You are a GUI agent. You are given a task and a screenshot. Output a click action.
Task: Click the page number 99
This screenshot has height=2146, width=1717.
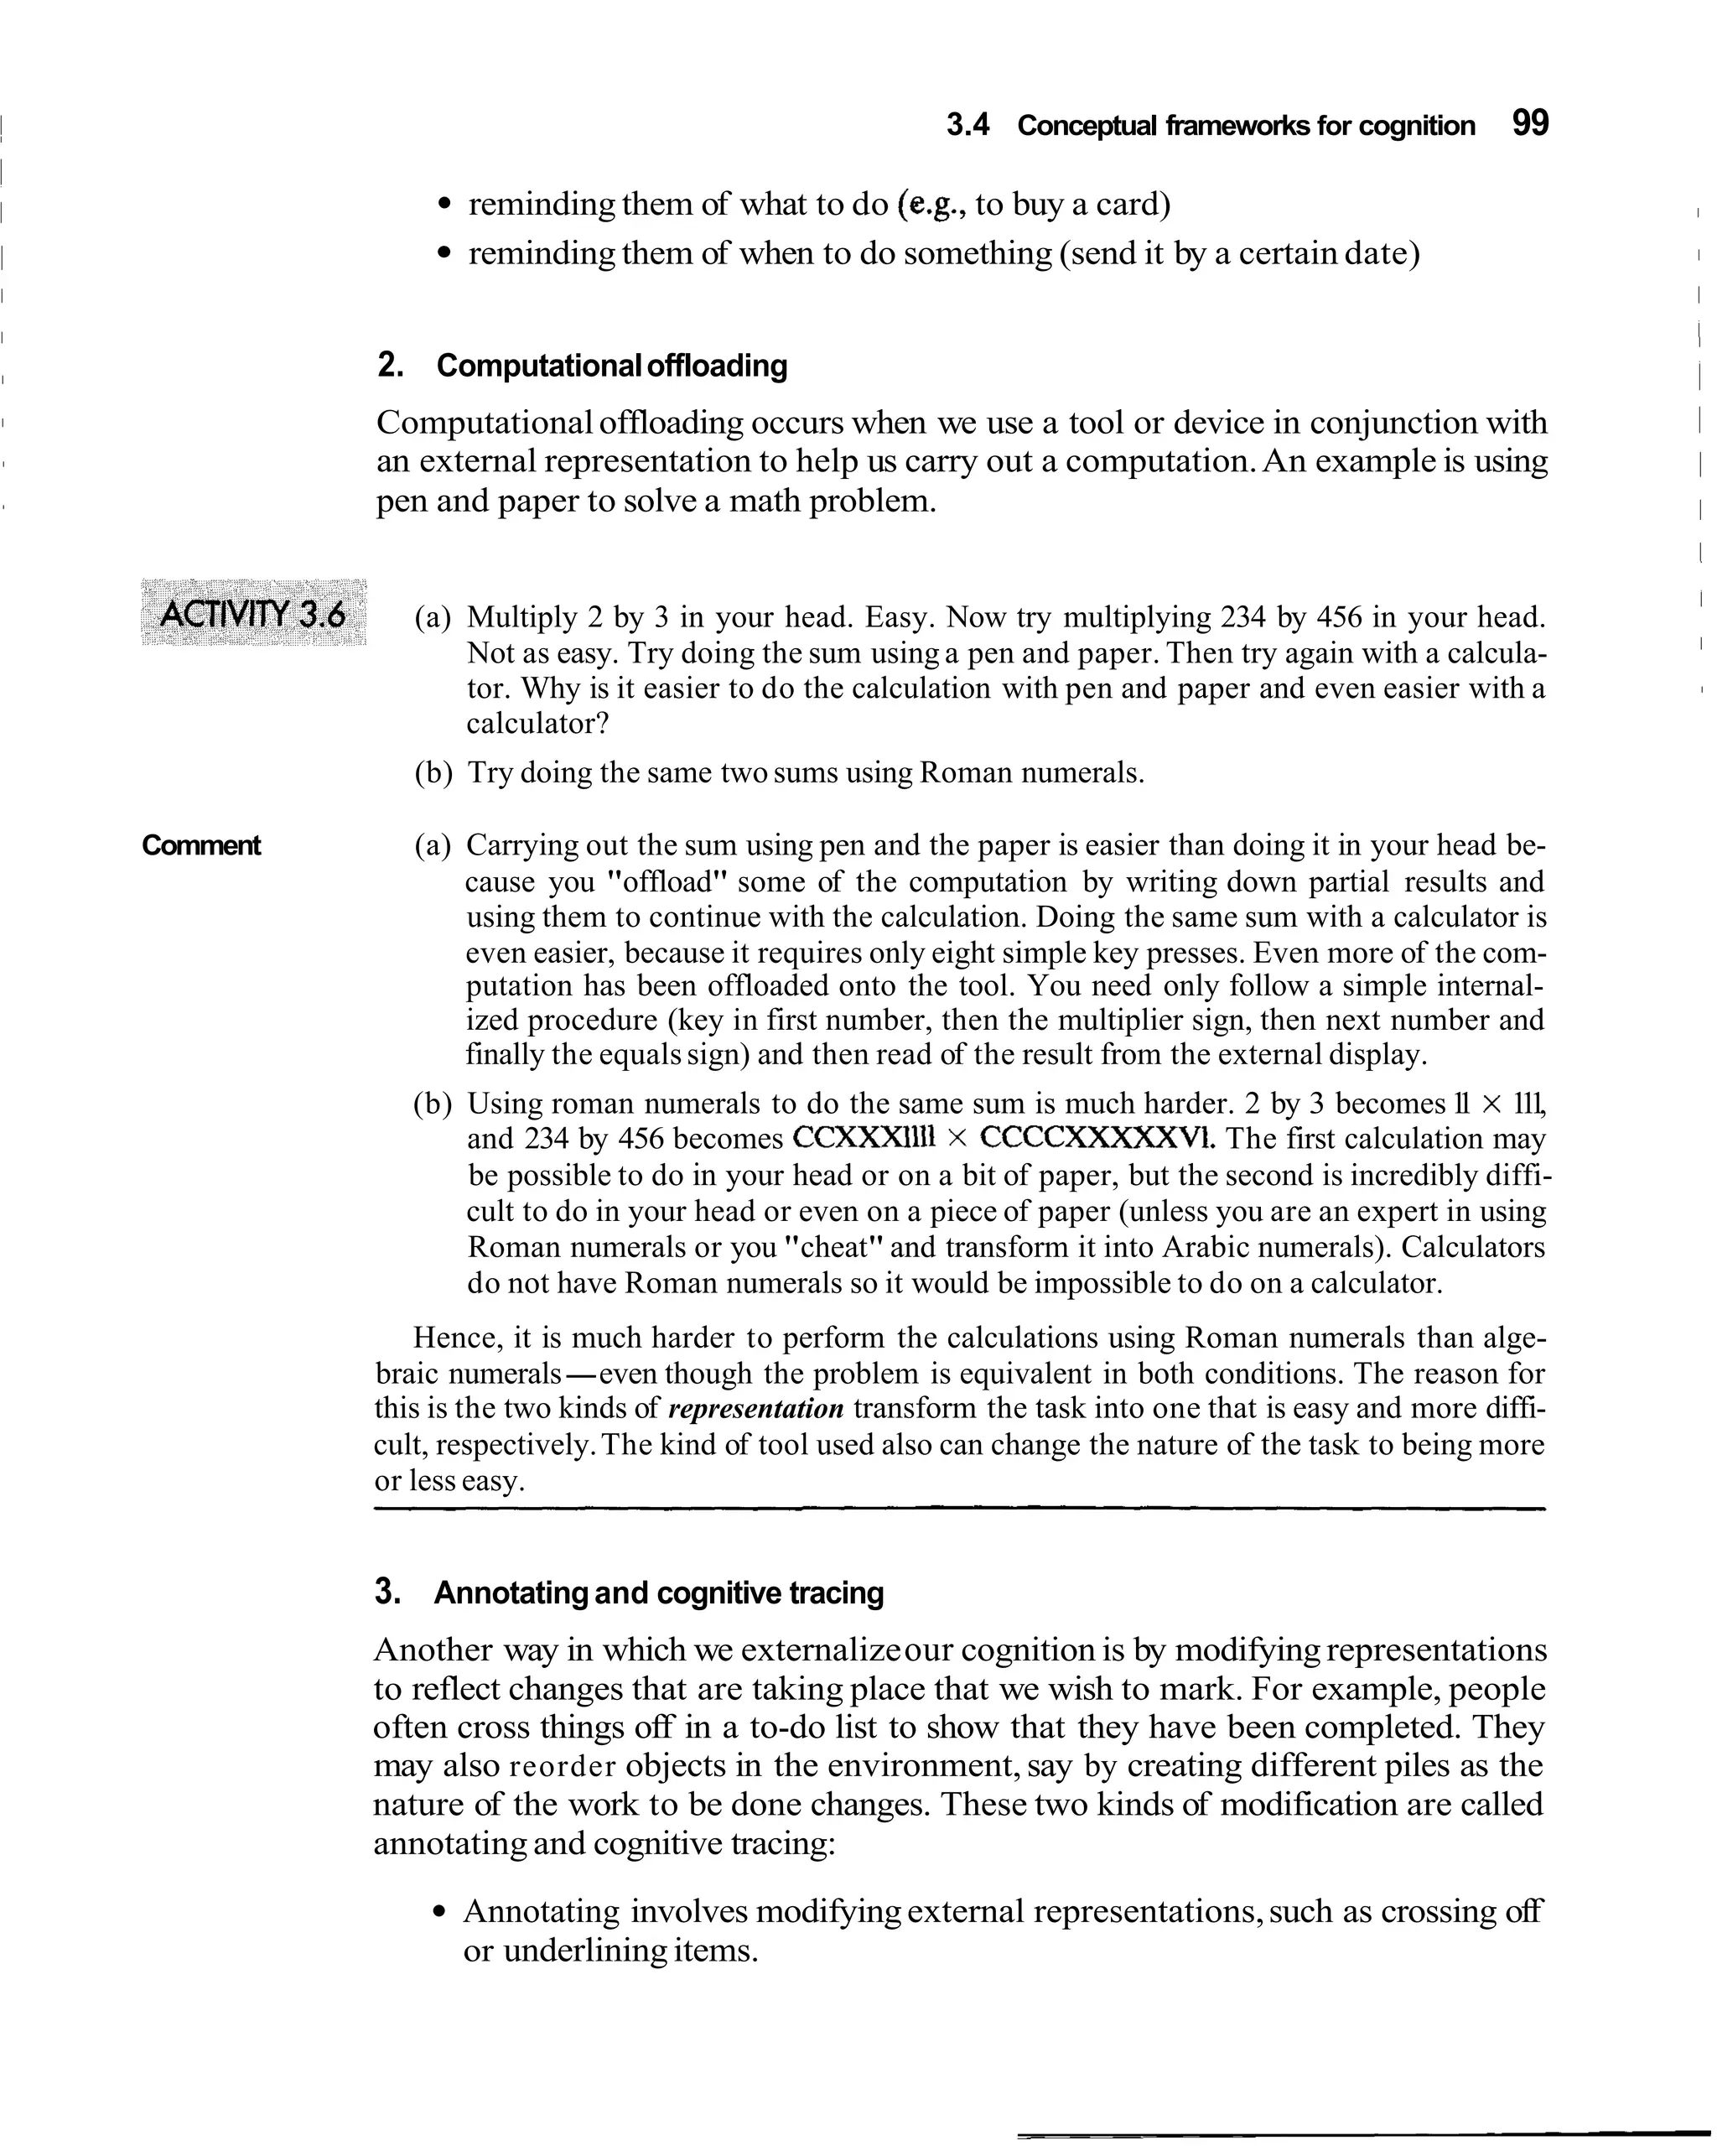1530,123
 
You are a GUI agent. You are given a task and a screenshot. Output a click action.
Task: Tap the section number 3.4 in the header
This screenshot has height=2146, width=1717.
967,127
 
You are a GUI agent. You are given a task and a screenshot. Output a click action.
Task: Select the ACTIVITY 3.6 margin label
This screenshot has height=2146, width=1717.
253,613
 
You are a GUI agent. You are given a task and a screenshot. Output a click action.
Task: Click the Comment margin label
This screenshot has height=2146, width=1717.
201,846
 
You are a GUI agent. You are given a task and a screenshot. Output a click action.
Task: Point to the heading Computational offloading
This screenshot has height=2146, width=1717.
611,366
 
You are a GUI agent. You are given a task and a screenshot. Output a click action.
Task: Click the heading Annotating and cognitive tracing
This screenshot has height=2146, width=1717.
658,1593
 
